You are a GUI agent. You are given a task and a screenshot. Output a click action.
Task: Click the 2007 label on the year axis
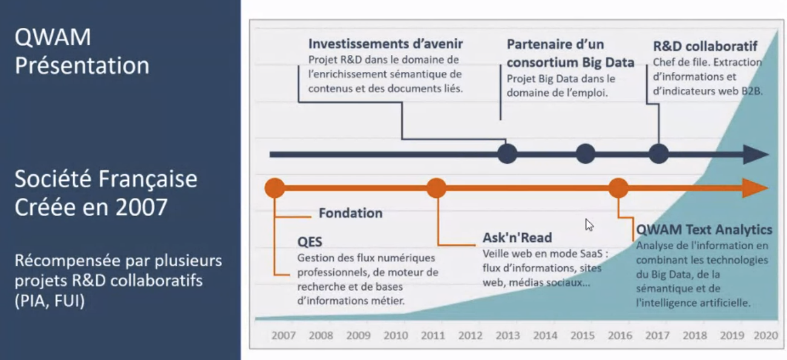[x=283, y=335]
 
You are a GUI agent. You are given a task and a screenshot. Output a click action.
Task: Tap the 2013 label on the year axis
[x=508, y=335]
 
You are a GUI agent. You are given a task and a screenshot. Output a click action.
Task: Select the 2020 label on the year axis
[x=766, y=335]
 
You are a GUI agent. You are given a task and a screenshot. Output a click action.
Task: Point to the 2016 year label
[x=620, y=335]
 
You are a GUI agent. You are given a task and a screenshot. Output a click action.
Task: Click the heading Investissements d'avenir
[x=385, y=44]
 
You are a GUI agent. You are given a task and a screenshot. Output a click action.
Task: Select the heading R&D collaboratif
[x=705, y=46]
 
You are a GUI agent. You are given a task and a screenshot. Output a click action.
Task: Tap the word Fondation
[x=350, y=213]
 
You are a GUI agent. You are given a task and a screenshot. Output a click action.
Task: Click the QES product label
[x=310, y=242]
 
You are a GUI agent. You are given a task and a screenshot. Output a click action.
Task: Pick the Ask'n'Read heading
[x=517, y=238]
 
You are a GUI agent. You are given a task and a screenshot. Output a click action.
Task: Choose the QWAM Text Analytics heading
[x=704, y=229]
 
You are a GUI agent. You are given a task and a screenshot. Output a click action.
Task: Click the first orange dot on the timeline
[x=275, y=188]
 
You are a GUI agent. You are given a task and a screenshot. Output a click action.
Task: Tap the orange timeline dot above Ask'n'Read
[x=436, y=188]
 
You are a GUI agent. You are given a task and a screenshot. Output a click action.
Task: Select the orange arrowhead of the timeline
[x=755, y=188]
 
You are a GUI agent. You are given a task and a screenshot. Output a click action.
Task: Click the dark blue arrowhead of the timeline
[x=756, y=154]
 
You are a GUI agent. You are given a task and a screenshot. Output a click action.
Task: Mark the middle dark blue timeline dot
[x=586, y=154]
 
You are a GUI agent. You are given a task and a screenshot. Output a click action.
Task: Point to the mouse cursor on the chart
[x=589, y=224]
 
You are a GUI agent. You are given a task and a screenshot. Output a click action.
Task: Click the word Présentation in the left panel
[x=82, y=66]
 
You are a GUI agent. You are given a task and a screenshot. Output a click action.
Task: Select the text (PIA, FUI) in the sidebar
[x=50, y=301]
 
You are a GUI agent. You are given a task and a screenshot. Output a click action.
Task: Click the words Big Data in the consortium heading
[x=608, y=62]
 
